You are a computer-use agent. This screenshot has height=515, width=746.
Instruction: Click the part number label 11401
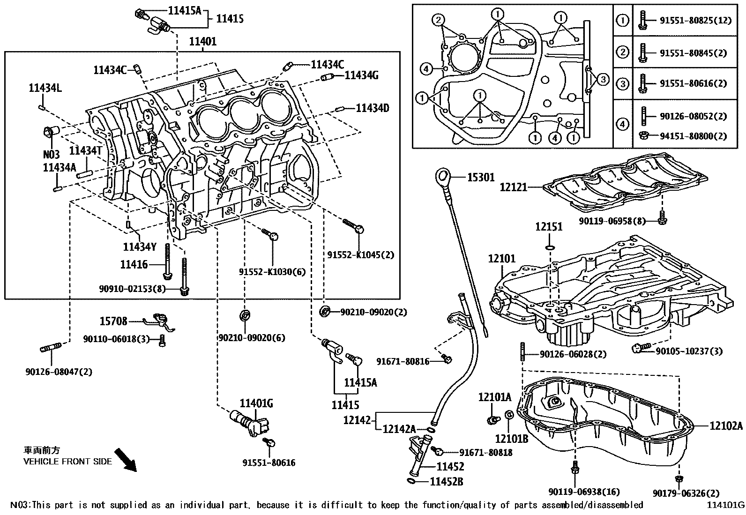pos(203,42)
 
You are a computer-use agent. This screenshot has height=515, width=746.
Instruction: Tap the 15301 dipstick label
pos(481,178)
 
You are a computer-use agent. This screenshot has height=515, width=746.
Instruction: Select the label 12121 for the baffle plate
pos(514,187)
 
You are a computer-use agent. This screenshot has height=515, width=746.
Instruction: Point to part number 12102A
pos(726,425)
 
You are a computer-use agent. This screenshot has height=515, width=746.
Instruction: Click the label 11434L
pos(45,88)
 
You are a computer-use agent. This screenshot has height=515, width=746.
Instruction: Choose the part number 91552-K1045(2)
pos(361,255)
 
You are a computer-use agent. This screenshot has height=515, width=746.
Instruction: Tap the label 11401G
pos(256,404)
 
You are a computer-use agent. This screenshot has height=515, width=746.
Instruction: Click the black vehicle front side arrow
pos(126,460)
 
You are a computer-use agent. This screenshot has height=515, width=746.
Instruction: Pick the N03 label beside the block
pos(52,155)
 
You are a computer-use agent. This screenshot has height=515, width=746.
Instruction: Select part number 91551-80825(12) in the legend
pos(696,21)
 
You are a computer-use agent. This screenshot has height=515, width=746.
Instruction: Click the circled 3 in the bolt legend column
pos(623,83)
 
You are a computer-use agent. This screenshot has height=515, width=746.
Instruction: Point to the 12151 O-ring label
pos(549,227)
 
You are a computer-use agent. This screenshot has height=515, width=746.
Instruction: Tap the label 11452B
pos(447,482)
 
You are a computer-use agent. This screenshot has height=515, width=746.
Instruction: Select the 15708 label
pos(113,321)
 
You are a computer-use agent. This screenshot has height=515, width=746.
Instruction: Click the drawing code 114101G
pos(726,505)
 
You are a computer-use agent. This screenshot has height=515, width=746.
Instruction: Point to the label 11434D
pos(373,108)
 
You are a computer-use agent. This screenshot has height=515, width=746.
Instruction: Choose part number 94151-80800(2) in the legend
pos(694,136)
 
